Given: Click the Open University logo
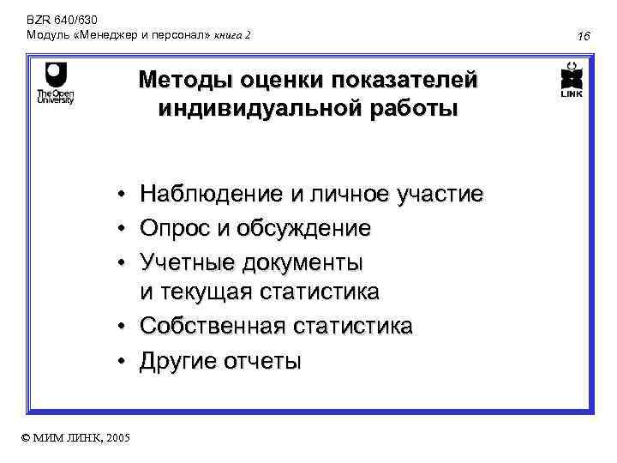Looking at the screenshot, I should coord(55,82).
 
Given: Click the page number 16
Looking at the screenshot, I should coord(585,36).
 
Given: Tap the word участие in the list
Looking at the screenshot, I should coord(440,195).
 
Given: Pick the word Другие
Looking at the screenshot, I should coord(179,361).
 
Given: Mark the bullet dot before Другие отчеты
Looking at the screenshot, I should coord(124,361).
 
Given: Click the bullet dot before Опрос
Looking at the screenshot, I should coord(124,229).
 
